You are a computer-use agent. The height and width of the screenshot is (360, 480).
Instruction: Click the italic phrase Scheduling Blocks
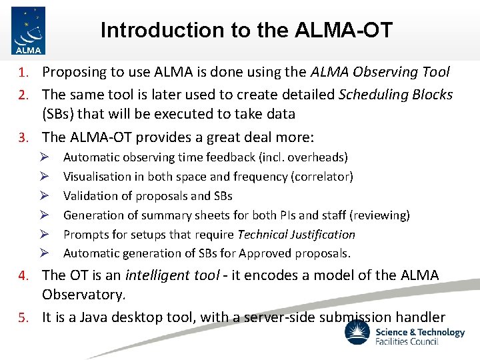tap(396, 95)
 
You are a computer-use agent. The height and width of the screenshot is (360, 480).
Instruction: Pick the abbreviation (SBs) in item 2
tap(62, 113)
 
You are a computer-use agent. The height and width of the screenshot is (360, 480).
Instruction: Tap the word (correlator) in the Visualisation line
tap(322, 177)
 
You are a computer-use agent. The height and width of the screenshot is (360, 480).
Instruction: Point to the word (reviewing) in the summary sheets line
tap(379, 215)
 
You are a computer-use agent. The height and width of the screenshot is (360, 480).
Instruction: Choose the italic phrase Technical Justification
tap(296, 235)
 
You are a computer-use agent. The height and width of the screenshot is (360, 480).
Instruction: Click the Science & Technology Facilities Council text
tap(420, 337)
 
